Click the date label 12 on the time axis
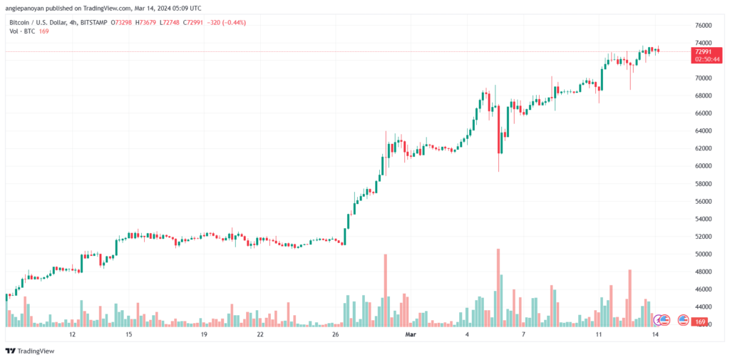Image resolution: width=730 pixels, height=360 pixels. (72, 335)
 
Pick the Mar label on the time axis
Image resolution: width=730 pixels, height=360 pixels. (410, 335)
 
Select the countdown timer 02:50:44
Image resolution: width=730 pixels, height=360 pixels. (707, 60)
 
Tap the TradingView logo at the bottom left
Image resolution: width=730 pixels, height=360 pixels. (30, 351)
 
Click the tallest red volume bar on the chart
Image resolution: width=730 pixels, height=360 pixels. (498, 287)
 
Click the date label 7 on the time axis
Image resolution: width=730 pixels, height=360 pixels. (524, 335)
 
